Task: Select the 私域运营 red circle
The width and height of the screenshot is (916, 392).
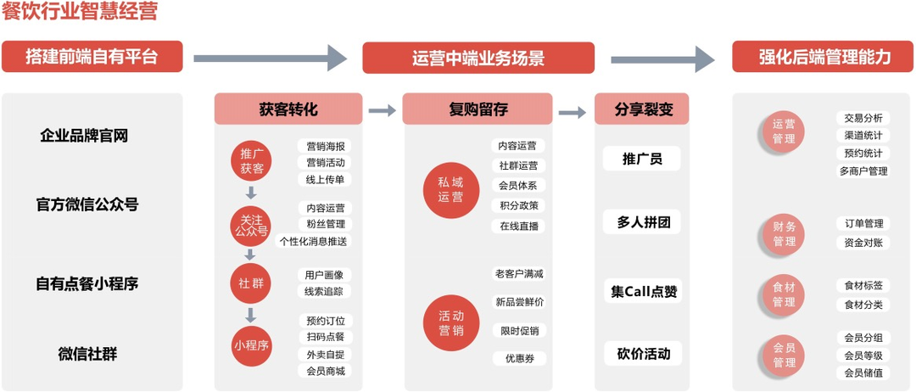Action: click(x=450, y=190)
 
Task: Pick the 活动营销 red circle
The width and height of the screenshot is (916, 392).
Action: click(x=450, y=323)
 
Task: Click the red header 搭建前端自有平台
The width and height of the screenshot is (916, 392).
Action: click(x=92, y=57)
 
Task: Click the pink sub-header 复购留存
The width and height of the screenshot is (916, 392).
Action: click(x=478, y=109)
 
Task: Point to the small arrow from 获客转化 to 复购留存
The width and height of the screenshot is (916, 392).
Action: click(x=383, y=110)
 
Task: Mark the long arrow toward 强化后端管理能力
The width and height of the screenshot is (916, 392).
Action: click(x=662, y=59)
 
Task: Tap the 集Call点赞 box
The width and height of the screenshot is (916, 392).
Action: click(x=642, y=291)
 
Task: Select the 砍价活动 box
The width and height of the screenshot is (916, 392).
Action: click(x=642, y=354)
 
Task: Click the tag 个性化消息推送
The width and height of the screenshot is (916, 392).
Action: click(x=314, y=241)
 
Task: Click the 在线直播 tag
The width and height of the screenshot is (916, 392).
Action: click(x=518, y=226)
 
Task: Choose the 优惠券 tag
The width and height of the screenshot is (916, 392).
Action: click(x=519, y=358)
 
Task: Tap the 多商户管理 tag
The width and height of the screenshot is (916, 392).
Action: click(x=863, y=171)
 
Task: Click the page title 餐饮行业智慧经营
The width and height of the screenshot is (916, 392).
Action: click(x=80, y=11)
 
